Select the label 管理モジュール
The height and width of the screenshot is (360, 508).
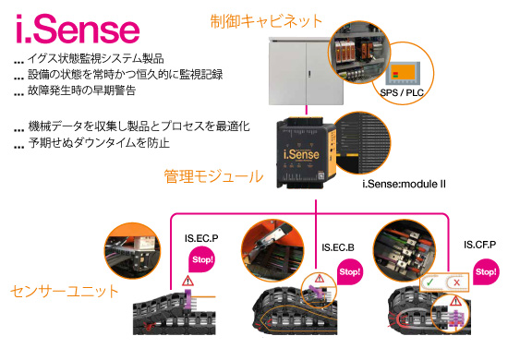[x=213, y=175]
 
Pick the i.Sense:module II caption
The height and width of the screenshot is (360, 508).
[x=405, y=185]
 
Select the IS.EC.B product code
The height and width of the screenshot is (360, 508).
[x=340, y=247]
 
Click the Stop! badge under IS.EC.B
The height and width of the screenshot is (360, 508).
[x=350, y=273]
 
